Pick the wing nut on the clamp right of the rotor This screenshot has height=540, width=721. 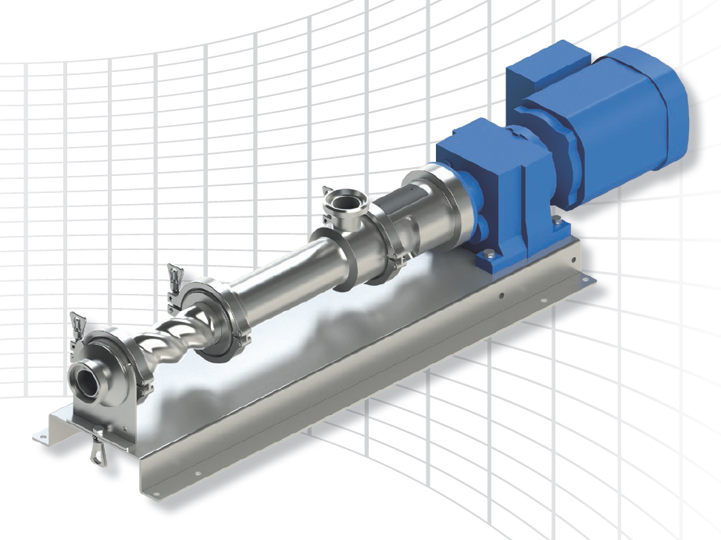point(175,277)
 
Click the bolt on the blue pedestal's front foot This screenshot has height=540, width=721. point(487,254)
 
